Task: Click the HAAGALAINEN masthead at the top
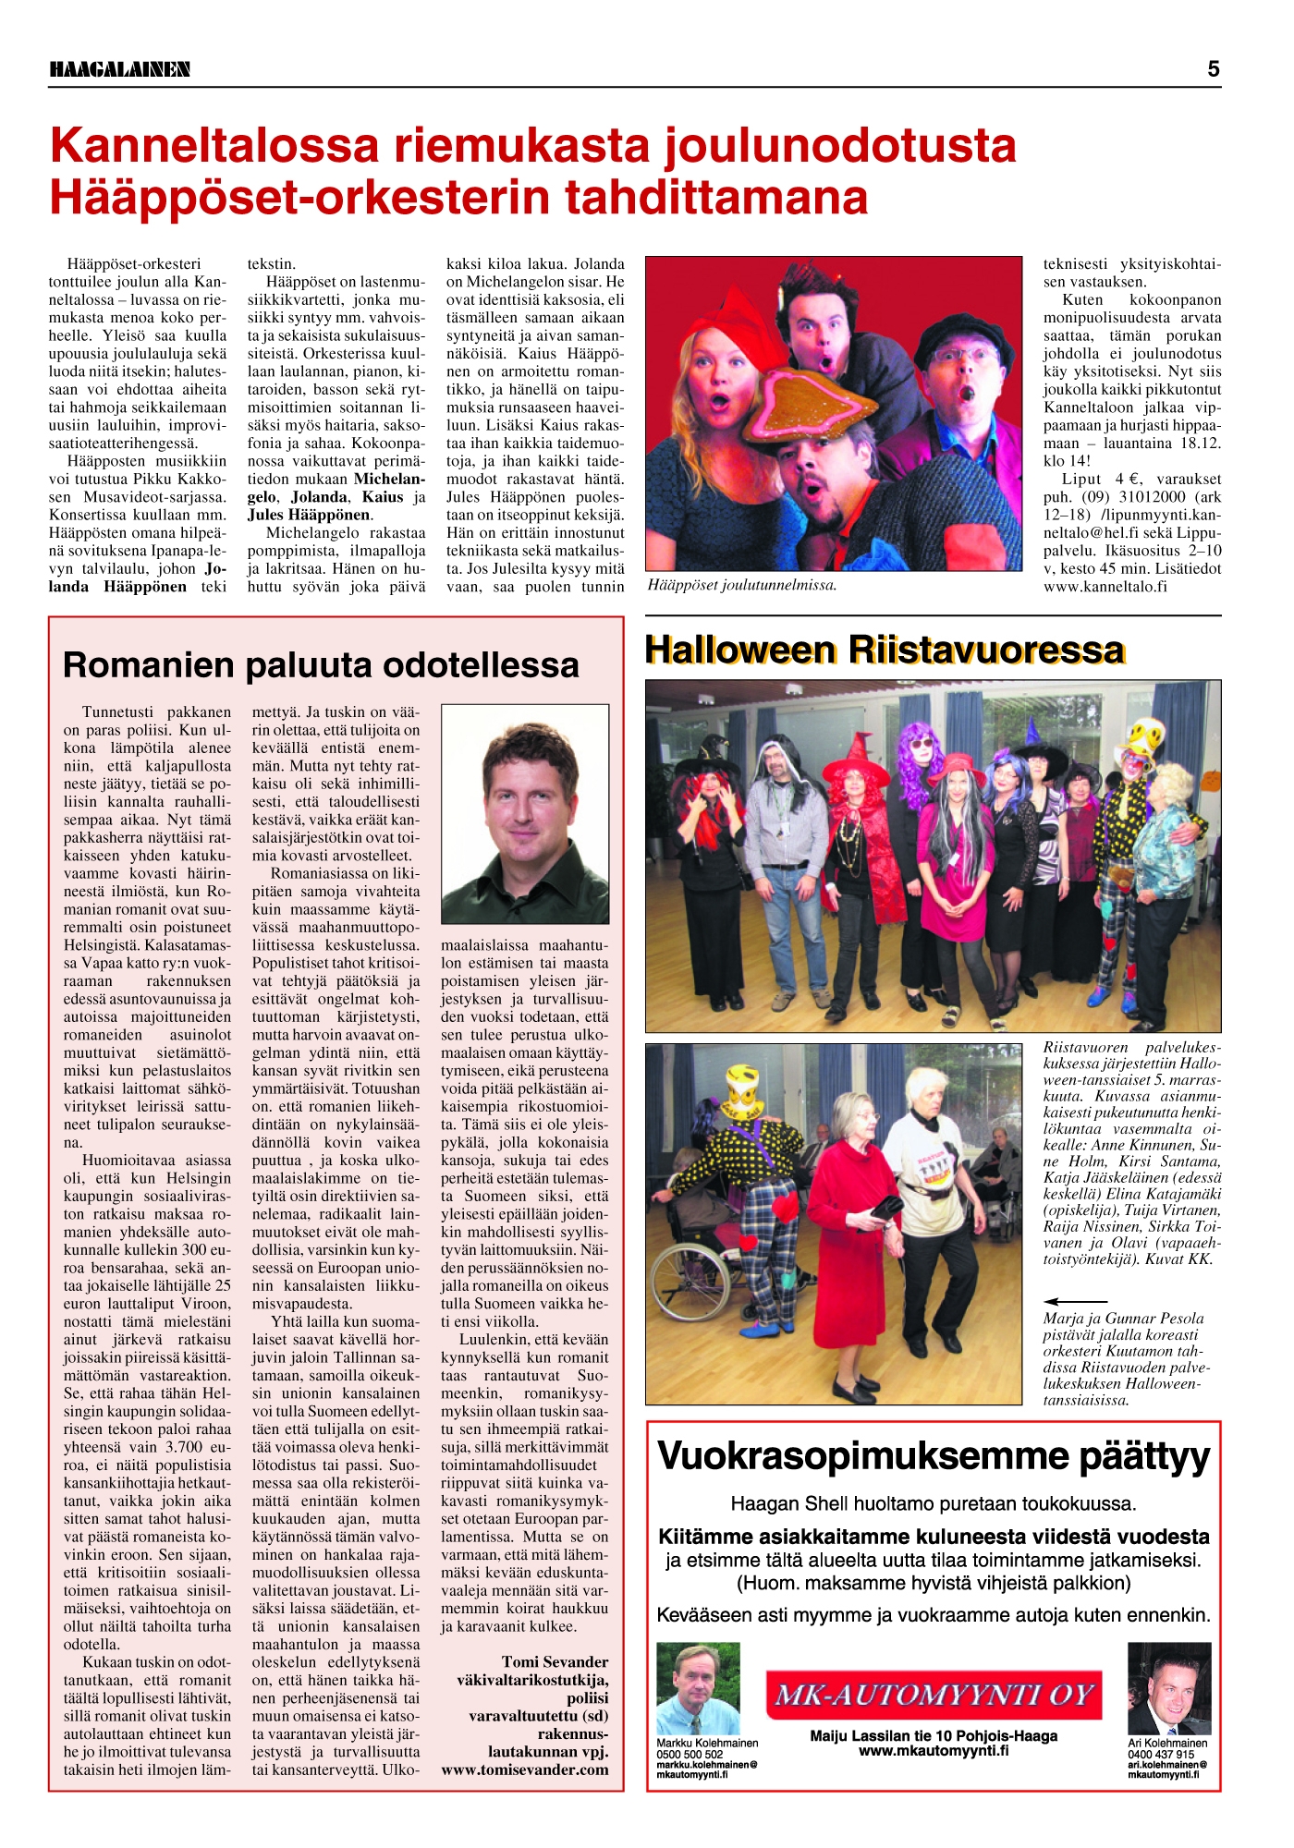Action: (x=119, y=69)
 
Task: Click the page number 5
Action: (x=1213, y=69)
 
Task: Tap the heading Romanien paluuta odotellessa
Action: (x=321, y=664)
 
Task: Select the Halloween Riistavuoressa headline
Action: (x=885, y=650)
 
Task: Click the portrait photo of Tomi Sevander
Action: (x=525, y=814)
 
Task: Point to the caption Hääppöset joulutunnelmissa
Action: (x=742, y=585)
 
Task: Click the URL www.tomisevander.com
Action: (x=525, y=1769)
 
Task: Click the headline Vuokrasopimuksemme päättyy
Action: (x=934, y=1456)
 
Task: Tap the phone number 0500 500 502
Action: (x=690, y=1754)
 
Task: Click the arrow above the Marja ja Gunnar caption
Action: (x=1075, y=1301)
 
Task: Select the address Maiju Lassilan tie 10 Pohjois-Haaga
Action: (x=934, y=1735)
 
